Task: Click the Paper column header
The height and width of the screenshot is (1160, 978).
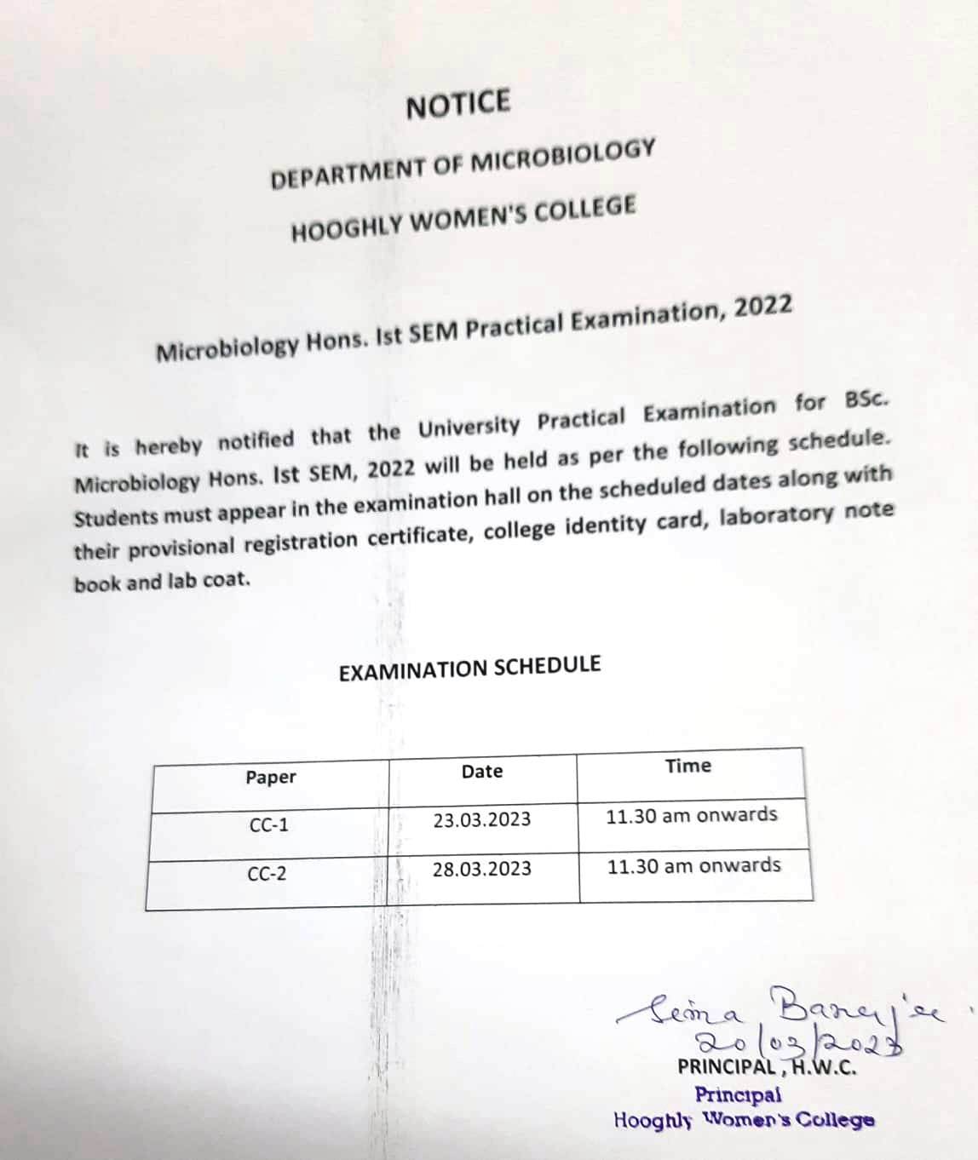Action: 271,778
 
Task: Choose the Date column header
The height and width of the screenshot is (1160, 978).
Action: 482,772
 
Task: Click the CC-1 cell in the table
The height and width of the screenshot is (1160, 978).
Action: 269,825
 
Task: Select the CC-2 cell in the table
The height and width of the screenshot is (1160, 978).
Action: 268,875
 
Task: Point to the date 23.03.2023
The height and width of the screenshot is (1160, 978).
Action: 481,820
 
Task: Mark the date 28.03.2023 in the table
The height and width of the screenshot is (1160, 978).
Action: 481,870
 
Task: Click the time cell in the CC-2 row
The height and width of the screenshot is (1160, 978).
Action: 693,866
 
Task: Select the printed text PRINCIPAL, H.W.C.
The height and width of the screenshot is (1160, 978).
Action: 767,1066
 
